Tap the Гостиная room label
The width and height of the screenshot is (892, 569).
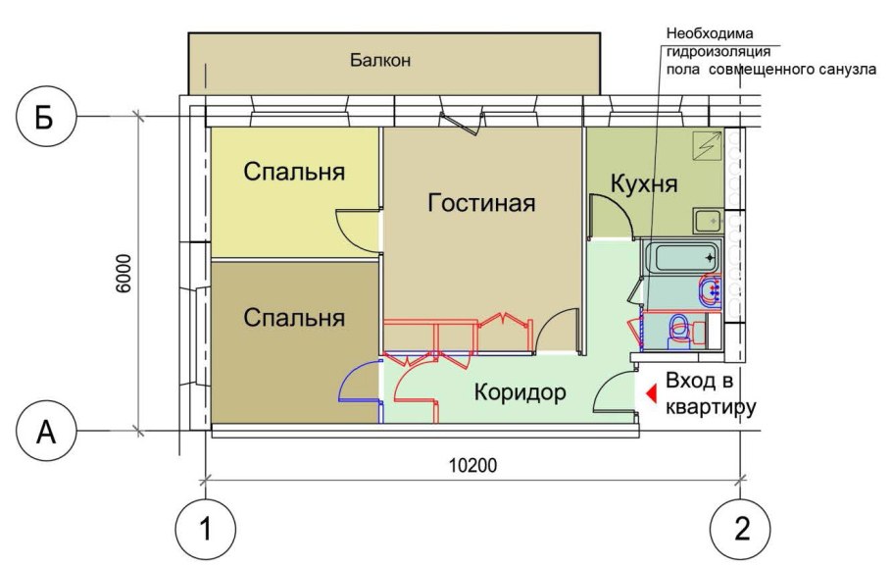pos(481,203)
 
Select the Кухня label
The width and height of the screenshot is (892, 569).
pos(643,184)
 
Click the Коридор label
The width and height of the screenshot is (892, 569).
pos(520,393)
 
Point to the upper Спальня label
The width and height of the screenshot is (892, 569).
pos(294,173)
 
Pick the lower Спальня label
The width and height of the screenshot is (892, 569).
pos(294,318)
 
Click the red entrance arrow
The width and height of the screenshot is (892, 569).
pos(649,393)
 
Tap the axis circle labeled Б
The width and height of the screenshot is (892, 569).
pos(45,117)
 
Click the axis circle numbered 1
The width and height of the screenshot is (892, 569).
pos(205,530)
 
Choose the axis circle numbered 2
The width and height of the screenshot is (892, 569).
pos(741,530)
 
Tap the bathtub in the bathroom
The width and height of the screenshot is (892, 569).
pos(682,259)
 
